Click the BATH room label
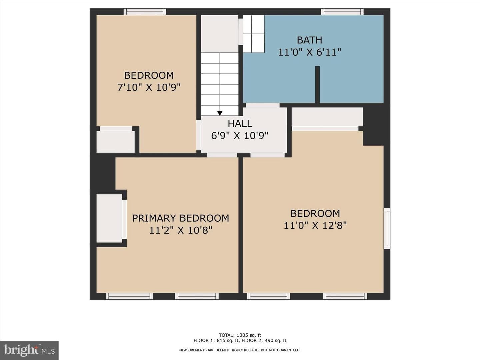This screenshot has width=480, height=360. click(x=309, y=40)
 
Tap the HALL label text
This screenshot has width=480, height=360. click(x=240, y=124)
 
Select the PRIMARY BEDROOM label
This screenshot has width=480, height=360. click(x=181, y=218)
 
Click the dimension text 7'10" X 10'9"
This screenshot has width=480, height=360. click(x=149, y=88)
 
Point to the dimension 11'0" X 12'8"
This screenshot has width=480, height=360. click(x=315, y=225)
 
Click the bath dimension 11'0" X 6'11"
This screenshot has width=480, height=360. click(x=309, y=52)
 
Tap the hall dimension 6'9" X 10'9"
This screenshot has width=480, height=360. click(x=240, y=136)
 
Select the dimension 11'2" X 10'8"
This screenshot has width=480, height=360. click(x=181, y=230)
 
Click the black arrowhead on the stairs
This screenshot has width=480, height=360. click(x=220, y=113)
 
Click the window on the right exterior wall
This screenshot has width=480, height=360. click(x=387, y=228)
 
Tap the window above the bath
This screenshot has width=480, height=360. click(x=342, y=12)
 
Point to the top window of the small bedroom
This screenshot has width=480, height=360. click(x=145, y=12)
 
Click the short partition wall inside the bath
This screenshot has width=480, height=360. click(x=317, y=84)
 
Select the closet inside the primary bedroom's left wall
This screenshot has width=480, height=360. click(x=109, y=218)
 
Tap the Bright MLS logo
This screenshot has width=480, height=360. click(x=29, y=350)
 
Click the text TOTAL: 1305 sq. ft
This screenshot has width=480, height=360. click(x=240, y=335)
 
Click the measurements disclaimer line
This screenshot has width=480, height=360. click(x=240, y=350)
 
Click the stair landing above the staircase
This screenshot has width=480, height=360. click(x=220, y=34)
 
